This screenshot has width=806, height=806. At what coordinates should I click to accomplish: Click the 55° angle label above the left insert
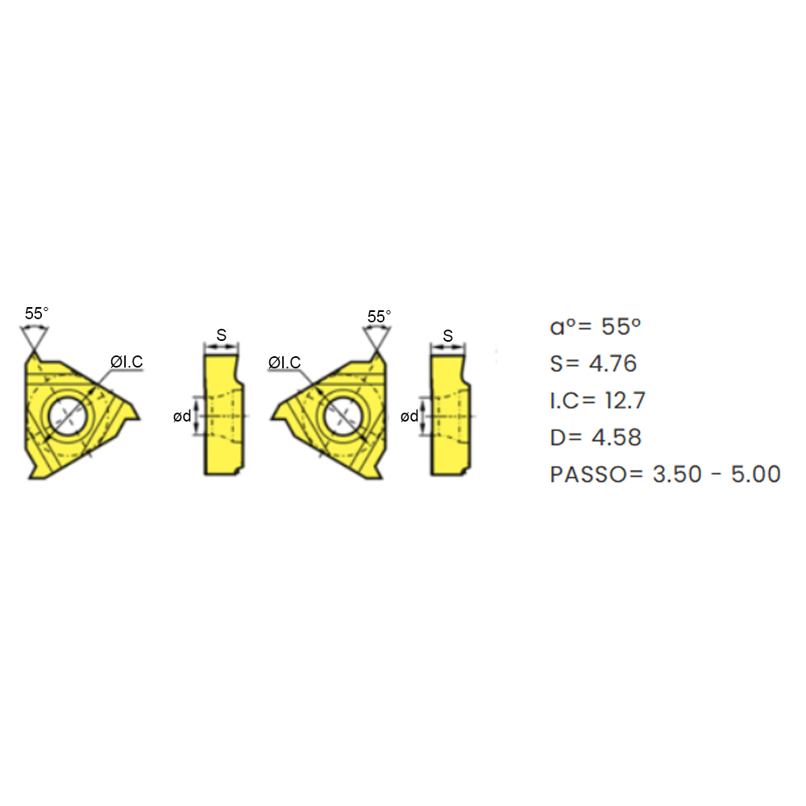[36, 313]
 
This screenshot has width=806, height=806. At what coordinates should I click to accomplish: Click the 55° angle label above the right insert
[379, 316]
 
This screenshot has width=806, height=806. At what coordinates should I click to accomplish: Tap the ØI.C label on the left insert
[127, 361]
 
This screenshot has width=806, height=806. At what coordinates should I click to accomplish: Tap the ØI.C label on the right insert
[285, 363]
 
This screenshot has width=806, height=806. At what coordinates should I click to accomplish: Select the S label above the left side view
[222, 335]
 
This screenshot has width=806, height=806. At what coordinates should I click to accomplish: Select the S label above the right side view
[447, 335]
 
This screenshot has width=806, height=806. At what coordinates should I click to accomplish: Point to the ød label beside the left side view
[182, 416]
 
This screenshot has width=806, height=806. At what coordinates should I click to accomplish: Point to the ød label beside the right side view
[409, 416]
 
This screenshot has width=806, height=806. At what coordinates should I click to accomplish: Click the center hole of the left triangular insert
[69, 415]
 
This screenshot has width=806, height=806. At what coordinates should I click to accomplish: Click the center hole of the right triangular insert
[343, 415]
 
